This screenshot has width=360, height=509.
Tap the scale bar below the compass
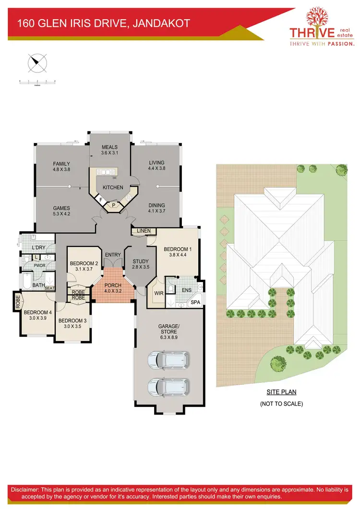[x=37, y=82]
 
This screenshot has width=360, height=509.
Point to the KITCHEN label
[x=113, y=187]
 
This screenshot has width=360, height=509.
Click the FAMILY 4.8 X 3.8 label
[x=61, y=166]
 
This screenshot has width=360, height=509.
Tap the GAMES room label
[x=61, y=211]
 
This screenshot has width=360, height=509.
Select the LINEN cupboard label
[x=144, y=231]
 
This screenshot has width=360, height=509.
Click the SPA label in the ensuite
[x=195, y=303]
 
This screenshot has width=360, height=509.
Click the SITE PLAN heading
[x=281, y=392]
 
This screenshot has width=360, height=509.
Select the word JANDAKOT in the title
[x=161, y=23]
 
